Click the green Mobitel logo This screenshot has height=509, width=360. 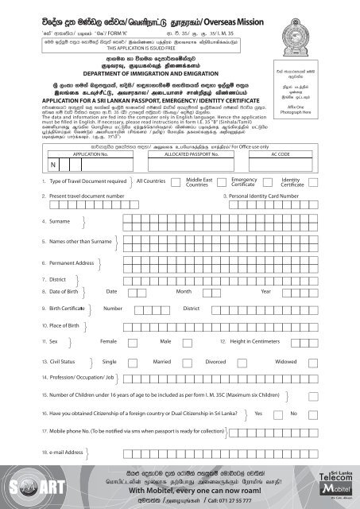pyautogui.click(x=338, y=485)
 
